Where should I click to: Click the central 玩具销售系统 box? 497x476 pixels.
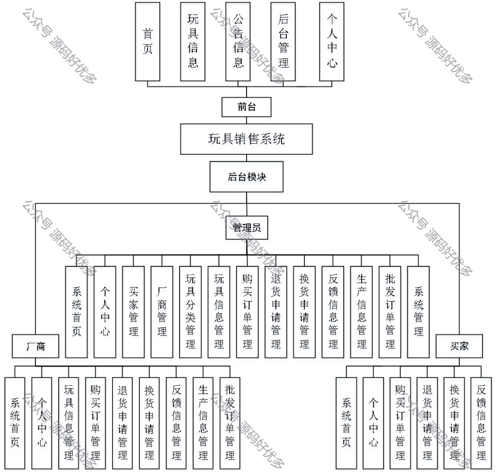coord(246,140)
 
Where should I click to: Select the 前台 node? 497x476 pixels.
coord(246,107)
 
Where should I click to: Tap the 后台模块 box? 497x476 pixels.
coord(247,177)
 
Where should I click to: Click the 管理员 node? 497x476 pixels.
coord(247,228)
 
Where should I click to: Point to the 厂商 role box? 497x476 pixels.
coord(35,346)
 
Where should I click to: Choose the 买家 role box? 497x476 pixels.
coord(459,346)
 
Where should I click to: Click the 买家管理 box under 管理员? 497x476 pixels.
coord(133,312)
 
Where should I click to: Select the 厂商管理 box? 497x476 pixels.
coord(162,312)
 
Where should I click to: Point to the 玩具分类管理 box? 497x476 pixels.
coord(190,312)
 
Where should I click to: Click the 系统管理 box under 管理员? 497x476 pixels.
coord(419,312)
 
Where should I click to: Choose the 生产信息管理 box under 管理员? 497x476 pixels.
coord(362,312)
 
